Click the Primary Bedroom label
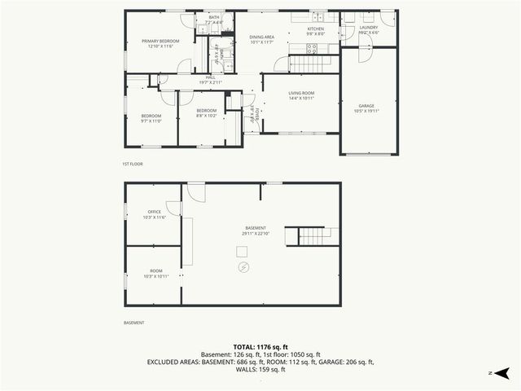click(160, 42)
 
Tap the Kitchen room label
click(315, 29)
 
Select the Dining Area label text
click(260, 36)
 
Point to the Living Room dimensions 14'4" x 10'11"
click(301, 99)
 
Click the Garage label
click(366, 105)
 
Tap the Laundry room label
click(369, 28)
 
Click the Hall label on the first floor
click(209, 77)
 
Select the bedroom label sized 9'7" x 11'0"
click(151, 116)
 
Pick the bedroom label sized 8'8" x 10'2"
click(207, 111)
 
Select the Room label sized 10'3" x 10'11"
click(155, 270)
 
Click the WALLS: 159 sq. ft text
click(260, 369)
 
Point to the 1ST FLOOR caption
click(133, 165)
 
